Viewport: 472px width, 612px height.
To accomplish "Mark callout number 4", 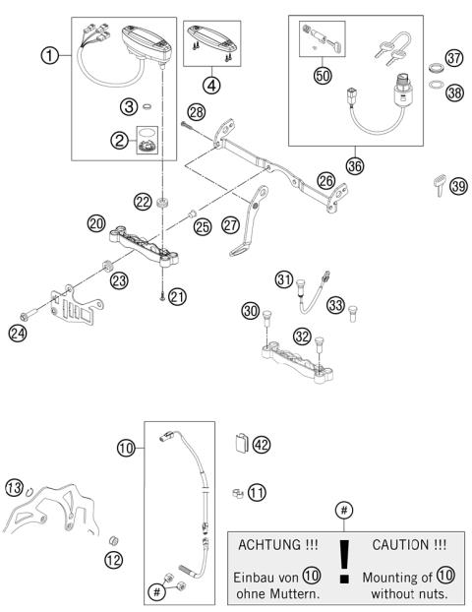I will click(x=210, y=84).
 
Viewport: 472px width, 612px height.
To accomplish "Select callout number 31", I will click(x=284, y=280).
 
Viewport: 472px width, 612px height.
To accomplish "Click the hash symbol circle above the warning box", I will click(x=342, y=509).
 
